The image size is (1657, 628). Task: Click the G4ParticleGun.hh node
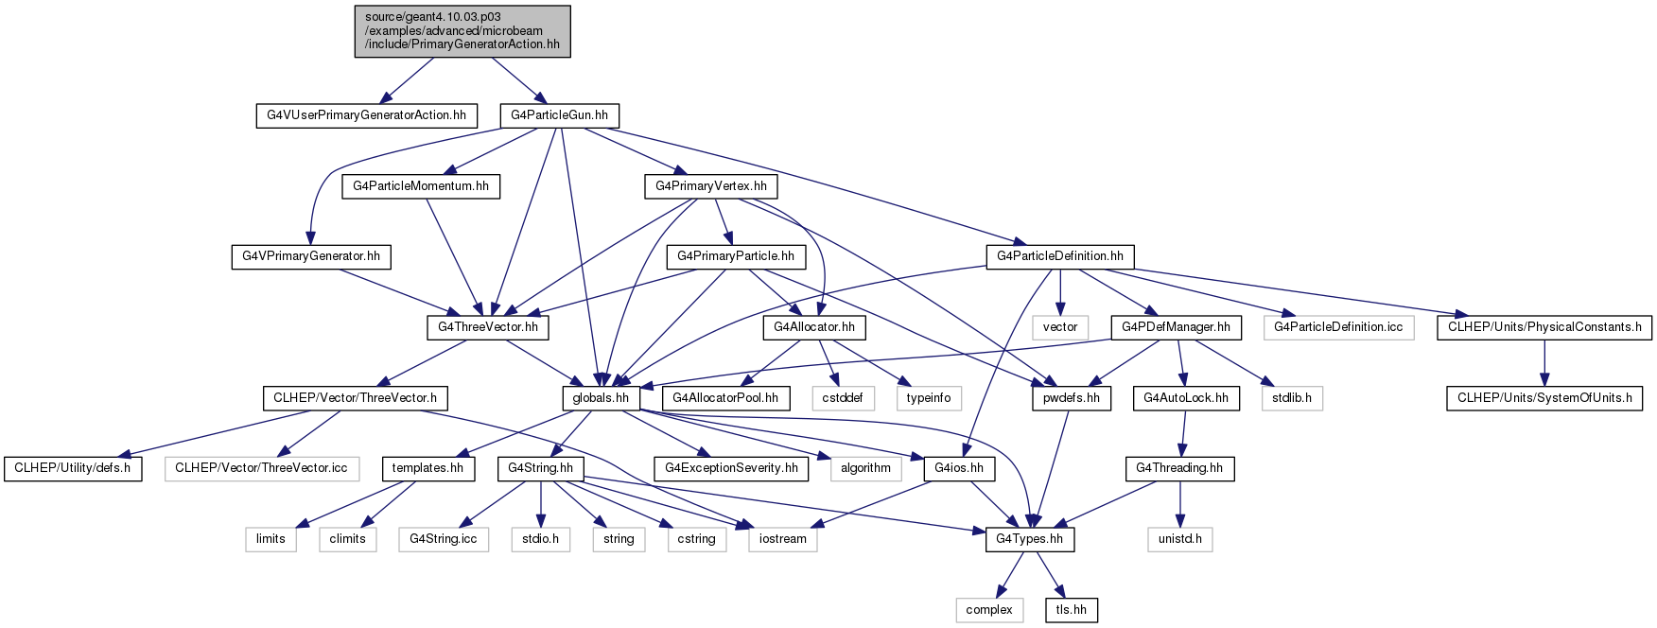pyautogui.click(x=560, y=115)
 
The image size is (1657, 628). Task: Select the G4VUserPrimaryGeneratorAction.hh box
pyautogui.click(x=366, y=115)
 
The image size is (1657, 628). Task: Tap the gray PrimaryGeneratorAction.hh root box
pyautogui.click(x=462, y=31)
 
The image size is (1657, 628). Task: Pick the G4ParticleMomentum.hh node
pyautogui.click(x=421, y=186)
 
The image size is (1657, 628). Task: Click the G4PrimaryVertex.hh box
pyautogui.click(x=711, y=186)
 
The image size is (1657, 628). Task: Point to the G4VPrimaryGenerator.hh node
pyautogui.click(x=311, y=256)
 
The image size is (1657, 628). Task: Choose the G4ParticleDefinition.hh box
pyautogui.click(x=1060, y=256)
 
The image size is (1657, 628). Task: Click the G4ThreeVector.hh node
pyautogui.click(x=488, y=327)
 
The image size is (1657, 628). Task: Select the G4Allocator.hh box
pyautogui.click(x=814, y=327)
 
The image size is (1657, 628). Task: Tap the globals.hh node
pyautogui.click(x=601, y=398)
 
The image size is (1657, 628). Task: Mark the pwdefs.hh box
pyautogui.click(x=1071, y=398)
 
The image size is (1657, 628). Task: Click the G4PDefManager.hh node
pyautogui.click(x=1176, y=327)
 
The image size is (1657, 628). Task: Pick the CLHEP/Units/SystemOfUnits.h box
pyautogui.click(x=1544, y=398)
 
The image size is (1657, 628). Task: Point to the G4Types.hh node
pyautogui.click(x=1029, y=539)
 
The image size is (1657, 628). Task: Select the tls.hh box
pyautogui.click(x=1072, y=610)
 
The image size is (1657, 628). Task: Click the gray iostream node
pyautogui.click(x=783, y=539)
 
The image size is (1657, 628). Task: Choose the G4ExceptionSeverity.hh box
pyautogui.click(x=731, y=468)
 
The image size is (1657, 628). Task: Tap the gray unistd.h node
pyautogui.click(x=1180, y=539)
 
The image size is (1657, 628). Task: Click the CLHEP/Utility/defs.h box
pyautogui.click(x=73, y=468)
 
